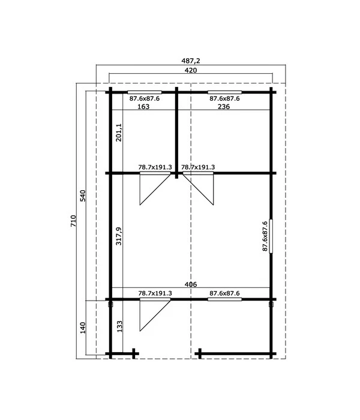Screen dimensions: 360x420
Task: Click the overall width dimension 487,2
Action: click(x=191, y=61)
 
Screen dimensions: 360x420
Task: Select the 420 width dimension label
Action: click(x=191, y=70)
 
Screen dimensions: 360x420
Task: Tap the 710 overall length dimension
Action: click(x=73, y=221)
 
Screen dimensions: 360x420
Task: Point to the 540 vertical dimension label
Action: click(x=83, y=196)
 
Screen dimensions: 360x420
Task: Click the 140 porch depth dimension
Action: click(x=83, y=328)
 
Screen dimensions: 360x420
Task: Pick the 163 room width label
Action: click(x=143, y=107)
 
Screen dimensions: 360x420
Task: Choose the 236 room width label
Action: click(x=224, y=107)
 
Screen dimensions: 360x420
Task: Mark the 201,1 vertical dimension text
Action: click(x=119, y=133)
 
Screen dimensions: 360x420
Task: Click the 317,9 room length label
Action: click(x=119, y=236)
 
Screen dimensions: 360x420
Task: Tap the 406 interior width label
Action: click(x=191, y=284)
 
